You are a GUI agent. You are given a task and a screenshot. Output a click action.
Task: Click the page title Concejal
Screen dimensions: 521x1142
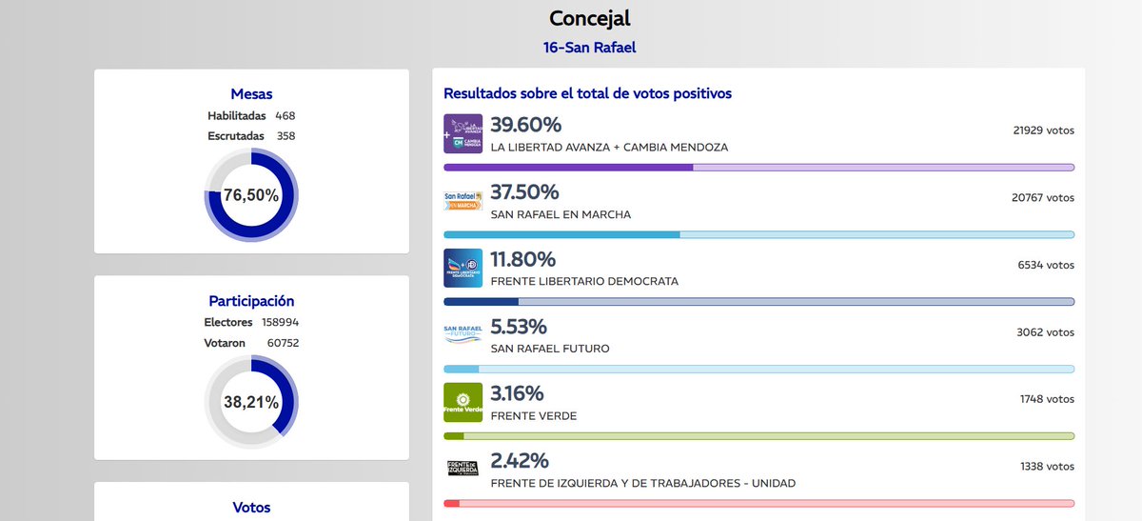click(x=590, y=18)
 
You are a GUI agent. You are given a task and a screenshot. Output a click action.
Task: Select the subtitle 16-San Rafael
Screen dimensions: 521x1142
click(x=590, y=47)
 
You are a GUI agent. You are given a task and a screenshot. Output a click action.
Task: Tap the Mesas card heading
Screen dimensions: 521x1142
click(x=251, y=93)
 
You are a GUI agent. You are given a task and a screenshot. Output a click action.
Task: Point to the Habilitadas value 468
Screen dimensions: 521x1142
click(x=285, y=115)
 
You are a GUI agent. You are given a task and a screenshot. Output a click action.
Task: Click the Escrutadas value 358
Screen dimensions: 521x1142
click(x=285, y=136)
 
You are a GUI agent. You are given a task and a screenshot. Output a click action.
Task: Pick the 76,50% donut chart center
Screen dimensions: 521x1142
click(x=251, y=195)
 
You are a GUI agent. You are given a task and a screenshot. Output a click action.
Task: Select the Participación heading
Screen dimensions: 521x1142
click(x=251, y=300)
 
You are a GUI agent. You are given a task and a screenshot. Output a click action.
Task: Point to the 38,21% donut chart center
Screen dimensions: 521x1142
click(x=251, y=402)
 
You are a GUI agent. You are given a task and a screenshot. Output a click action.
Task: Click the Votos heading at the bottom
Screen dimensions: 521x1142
click(x=251, y=508)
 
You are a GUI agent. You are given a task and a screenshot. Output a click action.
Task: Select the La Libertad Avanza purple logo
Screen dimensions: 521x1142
click(x=463, y=133)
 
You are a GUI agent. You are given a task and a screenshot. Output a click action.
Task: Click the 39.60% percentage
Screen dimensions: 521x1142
click(x=525, y=125)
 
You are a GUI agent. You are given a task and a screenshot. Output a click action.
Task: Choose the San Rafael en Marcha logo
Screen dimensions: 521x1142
click(x=463, y=200)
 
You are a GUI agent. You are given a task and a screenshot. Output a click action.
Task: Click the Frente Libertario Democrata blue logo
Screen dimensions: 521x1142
click(x=463, y=268)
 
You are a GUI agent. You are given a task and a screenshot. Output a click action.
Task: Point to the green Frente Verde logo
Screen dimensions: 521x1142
click(x=463, y=402)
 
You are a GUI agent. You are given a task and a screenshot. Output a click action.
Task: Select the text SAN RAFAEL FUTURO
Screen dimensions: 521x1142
click(x=550, y=349)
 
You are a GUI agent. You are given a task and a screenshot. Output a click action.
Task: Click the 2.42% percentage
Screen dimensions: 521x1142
click(x=520, y=461)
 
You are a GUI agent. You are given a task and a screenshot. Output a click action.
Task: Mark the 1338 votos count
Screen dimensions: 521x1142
click(x=1047, y=466)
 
